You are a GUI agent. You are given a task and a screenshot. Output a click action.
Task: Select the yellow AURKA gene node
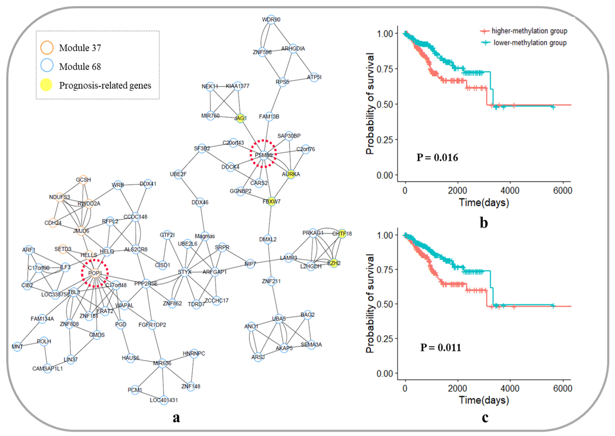point(291,174)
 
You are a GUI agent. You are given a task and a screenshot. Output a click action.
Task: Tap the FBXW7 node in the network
point(271,201)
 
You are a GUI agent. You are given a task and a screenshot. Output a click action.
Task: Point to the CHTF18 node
point(342,234)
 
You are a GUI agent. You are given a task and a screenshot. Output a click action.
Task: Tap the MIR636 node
point(162,363)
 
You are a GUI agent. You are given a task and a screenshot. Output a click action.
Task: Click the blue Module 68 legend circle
point(47,66)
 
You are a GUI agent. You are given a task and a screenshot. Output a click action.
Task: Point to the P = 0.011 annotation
point(441,347)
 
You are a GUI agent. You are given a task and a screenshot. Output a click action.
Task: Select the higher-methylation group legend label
point(529,31)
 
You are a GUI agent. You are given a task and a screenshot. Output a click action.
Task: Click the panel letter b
point(484,223)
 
